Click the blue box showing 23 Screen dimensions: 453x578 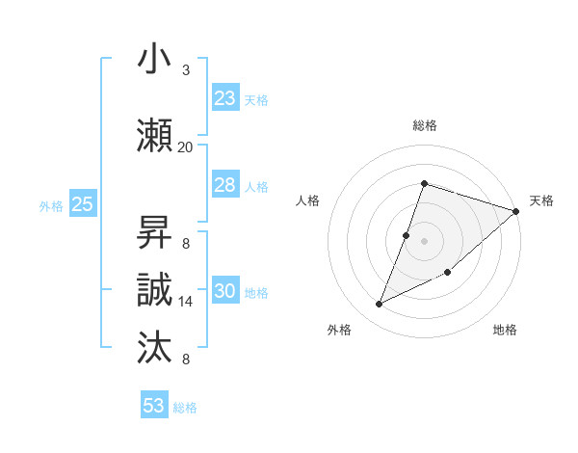pos(225,98)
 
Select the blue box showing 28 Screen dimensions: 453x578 pos(225,185)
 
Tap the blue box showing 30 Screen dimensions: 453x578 pos(225,291)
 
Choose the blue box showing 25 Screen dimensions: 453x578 pos(82,204)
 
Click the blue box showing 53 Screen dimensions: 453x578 pos(154,406)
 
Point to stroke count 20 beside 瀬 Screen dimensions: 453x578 pos(185,147)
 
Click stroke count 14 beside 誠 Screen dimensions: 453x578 pos(185,302)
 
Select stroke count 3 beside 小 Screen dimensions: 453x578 pos(185,70)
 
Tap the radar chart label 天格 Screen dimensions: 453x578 pos(541,200)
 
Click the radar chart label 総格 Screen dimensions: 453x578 pos(424,125)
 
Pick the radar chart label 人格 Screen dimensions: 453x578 pos(307,200)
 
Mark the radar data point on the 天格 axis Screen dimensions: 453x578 pos(516,211)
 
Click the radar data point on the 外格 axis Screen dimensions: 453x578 pos(380,304)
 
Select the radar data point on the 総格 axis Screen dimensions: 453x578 pos(424,183)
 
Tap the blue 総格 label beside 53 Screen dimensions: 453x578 pos(185,408)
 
